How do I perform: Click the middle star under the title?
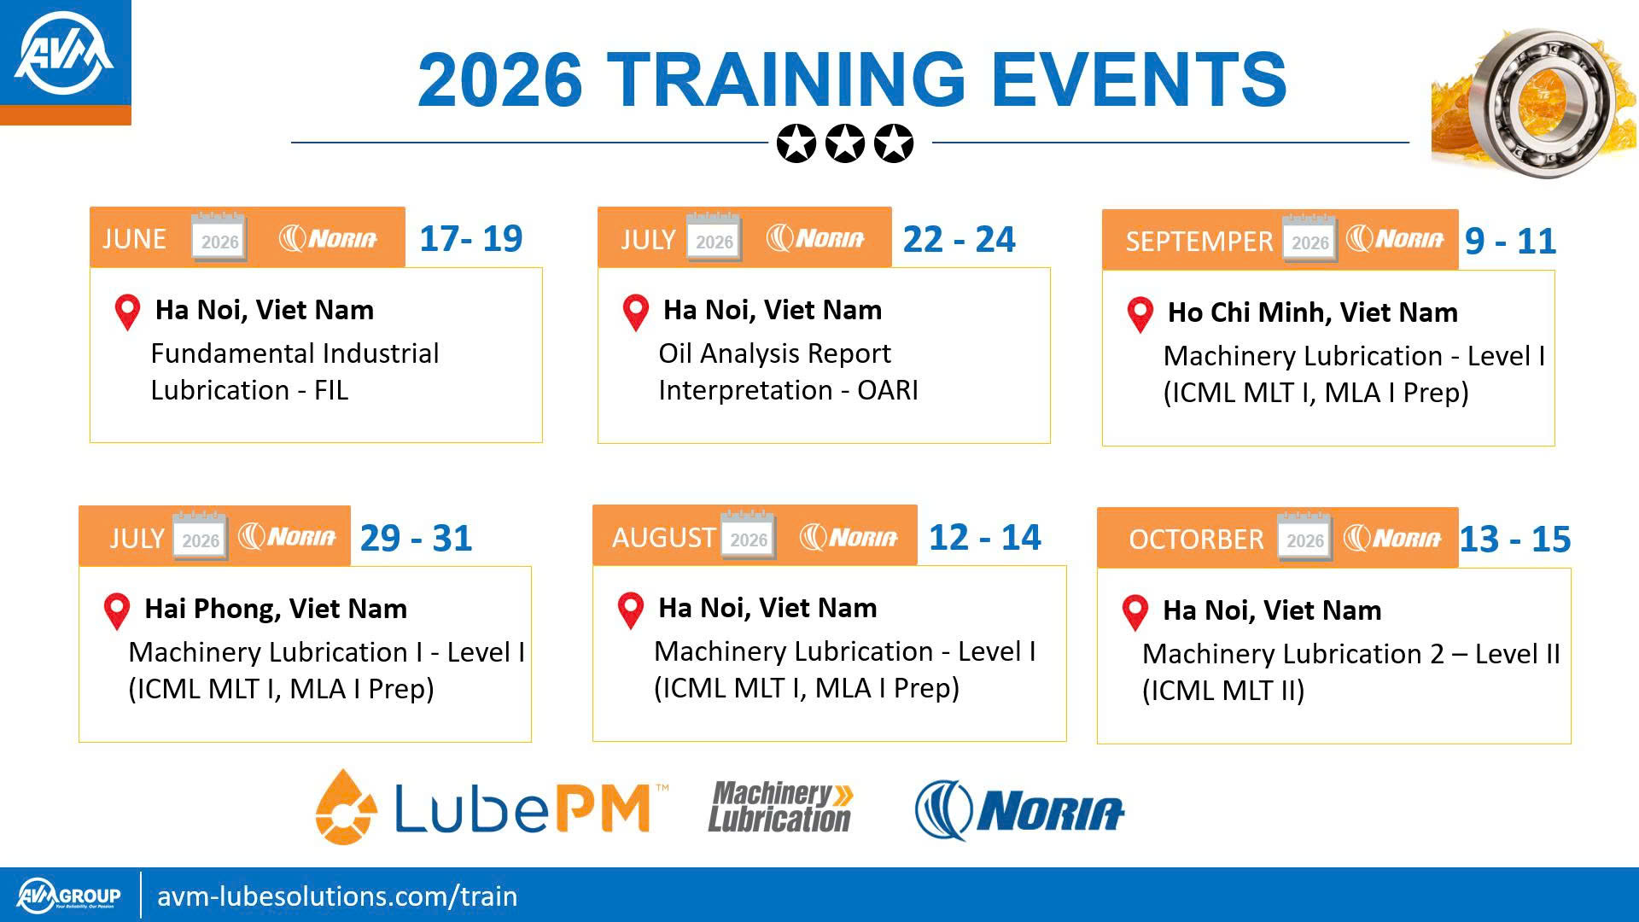845,143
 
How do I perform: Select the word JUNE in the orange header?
134,239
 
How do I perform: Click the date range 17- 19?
471,238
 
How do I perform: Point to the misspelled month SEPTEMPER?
1199,242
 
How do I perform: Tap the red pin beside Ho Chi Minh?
1140,314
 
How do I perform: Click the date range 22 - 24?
959,239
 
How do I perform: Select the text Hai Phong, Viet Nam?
276,609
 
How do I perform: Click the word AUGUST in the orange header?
663,538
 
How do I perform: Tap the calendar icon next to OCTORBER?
1305,537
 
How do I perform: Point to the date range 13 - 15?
1515,540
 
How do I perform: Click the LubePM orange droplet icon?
346,808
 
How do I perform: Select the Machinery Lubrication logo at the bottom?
780,807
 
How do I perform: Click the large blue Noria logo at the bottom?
1019,810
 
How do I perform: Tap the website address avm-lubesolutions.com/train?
337,896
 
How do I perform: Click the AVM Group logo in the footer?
68,896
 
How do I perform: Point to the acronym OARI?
888,390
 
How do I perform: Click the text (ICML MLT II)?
1223,691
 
